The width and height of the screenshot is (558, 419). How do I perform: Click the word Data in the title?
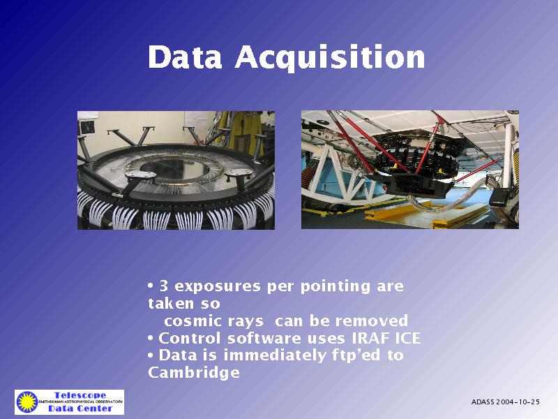pos(185,57)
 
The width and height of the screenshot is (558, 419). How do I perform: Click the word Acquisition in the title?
pos(330,58)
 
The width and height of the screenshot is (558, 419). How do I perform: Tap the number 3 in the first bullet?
pos(164,286)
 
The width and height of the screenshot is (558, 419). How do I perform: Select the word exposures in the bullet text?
pos(218,287)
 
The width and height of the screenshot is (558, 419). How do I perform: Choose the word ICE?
pos(408,338)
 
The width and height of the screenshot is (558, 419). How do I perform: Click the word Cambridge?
pos(194,373)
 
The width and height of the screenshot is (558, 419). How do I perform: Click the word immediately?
pos(274,355)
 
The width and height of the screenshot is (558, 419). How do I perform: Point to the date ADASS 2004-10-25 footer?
pos(505,402)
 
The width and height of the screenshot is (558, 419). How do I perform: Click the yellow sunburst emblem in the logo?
pos(27,402)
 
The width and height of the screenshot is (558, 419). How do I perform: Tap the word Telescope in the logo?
pos(80,395)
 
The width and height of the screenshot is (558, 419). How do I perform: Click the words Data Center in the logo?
pos(80,409)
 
